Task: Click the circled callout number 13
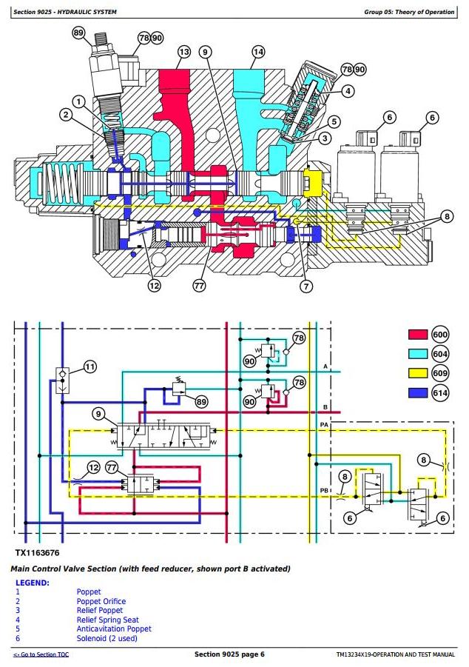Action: (x=183, y=53)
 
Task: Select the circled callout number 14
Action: (x=258, y=53)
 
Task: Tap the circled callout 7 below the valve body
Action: (x=306, y=286)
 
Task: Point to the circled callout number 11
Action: (x=90, y=366)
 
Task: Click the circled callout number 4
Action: (x=348, y=90)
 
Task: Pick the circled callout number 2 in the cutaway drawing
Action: (x=66, y=115)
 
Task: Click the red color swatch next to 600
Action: (x=417, y=335)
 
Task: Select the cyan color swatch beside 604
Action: (x=417, y=354)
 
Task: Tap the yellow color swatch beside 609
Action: (x=417, y=373)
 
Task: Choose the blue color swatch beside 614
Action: (x=417, y=392)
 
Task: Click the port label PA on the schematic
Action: (x=325, y=425)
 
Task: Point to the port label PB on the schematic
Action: (x=325, y=491)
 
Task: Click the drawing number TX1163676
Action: (x=37, y=553)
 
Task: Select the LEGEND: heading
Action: (x=33, y=583)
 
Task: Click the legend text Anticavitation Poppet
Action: (x=114, y=629)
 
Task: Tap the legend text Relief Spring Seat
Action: (x=107, y=620)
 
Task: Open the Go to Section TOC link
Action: (x=41, y=654)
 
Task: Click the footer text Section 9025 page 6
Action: (x=229, y=654)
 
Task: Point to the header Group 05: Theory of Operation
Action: (x=409, y=12)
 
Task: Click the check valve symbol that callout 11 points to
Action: (x=62, y=381)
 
